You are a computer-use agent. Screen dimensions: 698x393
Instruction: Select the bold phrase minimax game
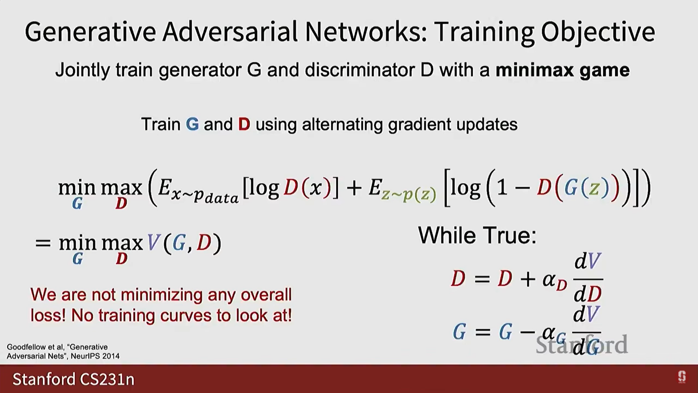563,70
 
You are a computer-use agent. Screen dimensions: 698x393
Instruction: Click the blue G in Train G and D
192,124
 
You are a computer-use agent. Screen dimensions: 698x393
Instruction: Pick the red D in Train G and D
244,124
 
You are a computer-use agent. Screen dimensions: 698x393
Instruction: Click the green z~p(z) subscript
409,195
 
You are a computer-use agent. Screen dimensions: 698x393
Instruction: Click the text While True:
477,235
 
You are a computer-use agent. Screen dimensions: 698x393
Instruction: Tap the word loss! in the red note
48,315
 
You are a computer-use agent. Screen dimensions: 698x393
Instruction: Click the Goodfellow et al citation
63,352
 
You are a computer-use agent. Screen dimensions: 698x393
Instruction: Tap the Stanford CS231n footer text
73,379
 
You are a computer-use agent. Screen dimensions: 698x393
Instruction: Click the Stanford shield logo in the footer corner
682,377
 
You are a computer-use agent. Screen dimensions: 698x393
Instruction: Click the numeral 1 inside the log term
502,188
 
